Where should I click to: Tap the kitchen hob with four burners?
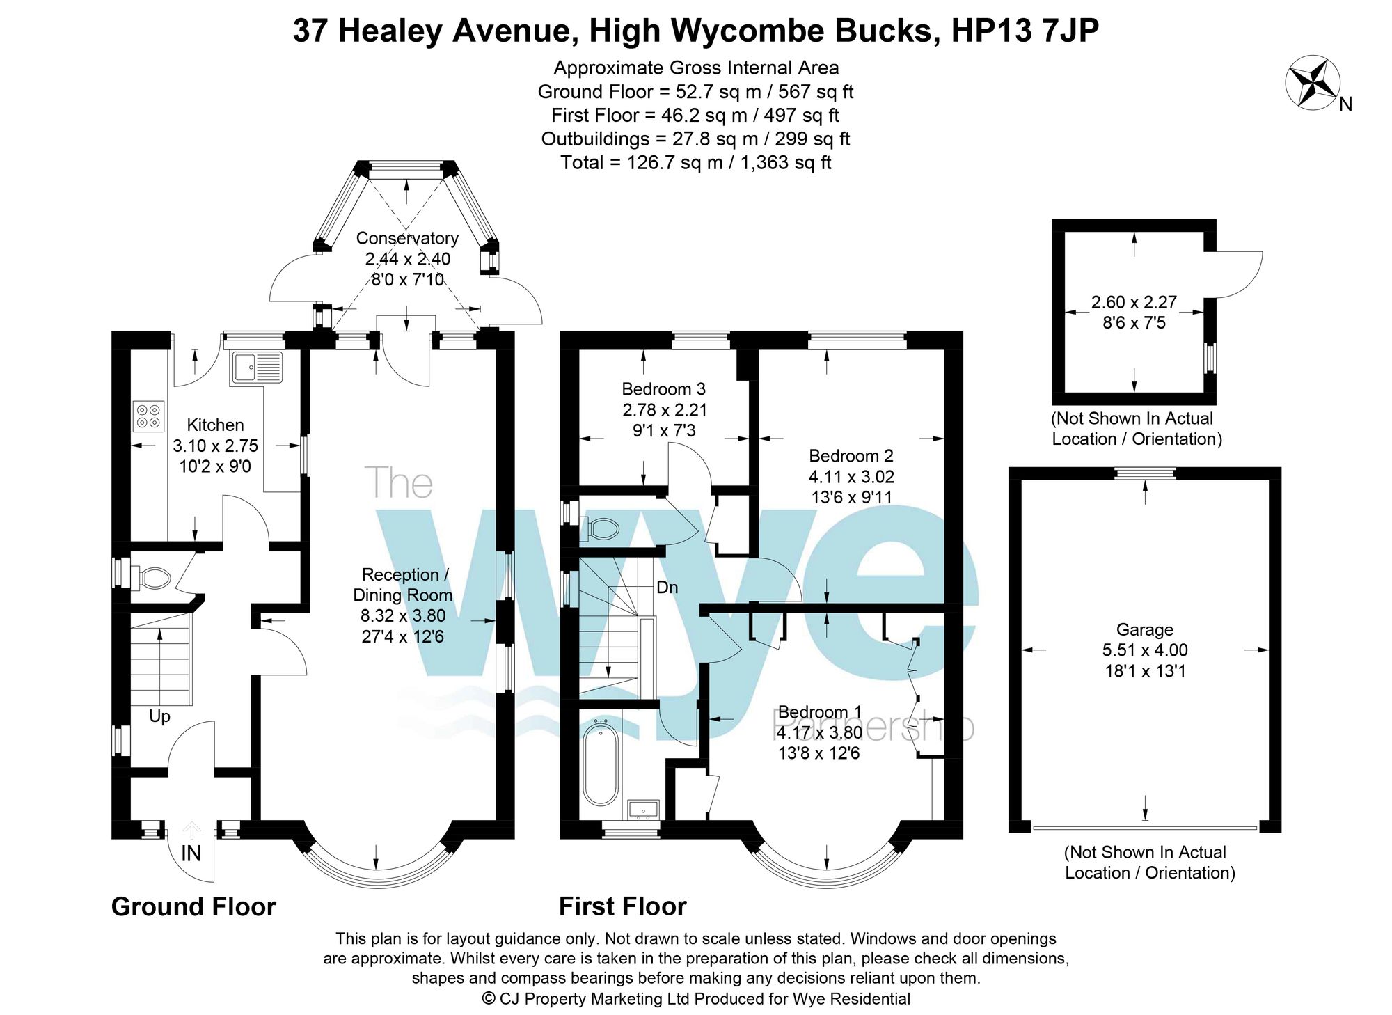[x=148, y=416]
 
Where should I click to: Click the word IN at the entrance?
[x=191, y=853]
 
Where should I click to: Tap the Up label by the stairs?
[x=159, y=716]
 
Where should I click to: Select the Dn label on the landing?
[x=667, y=588]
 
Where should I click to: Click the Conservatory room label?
[x=407, y=238]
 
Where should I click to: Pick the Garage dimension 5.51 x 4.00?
[x=1145, y=650]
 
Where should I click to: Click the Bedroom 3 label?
[x=663, y=389]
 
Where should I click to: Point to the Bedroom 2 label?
[x=851, y=456]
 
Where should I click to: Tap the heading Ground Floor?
[x=193, y=907]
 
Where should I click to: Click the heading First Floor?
[x=622, y=906]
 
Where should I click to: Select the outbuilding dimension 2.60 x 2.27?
[x=1134, y=303]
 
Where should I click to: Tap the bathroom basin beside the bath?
[x=643, y=809]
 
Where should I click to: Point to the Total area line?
[x=696, y=163]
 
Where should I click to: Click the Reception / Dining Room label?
[x=404, y=585]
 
